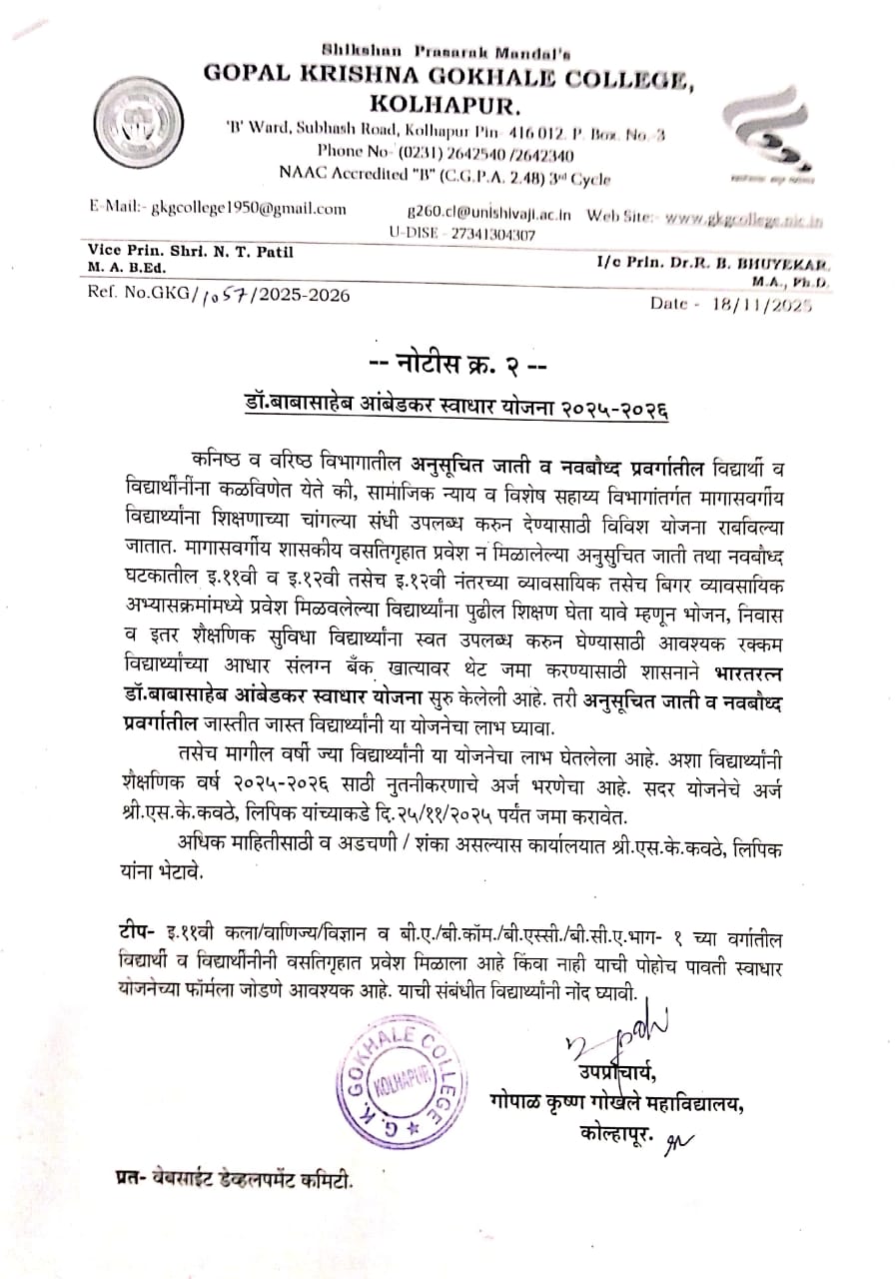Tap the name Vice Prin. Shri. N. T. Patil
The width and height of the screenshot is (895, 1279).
pyautogui.click(x=191, y=251)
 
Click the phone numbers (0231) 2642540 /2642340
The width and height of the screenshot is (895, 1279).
pyautogui.click(x=486, y=154)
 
